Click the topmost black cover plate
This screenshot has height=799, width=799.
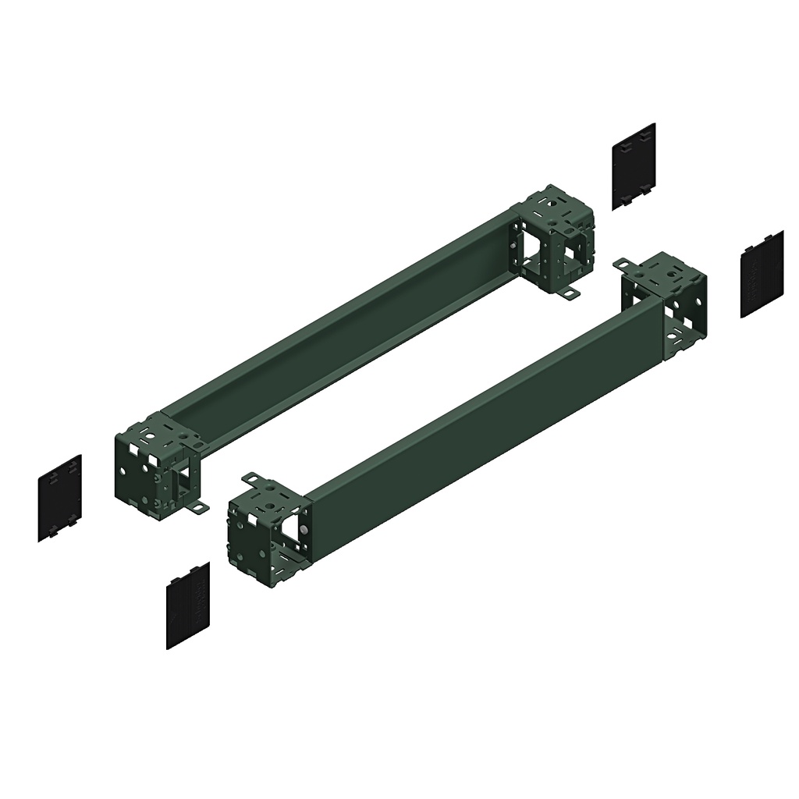click(x=633, y=165)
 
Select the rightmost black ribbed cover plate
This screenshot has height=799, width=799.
click(x=762, y=274)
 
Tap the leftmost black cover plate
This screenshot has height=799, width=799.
click(x=59, y=498)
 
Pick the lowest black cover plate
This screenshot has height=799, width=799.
click(x=188, y=605)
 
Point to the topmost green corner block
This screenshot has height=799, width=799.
click(x=553, y=238)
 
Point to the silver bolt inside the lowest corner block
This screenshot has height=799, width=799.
click(x=304, y=530)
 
